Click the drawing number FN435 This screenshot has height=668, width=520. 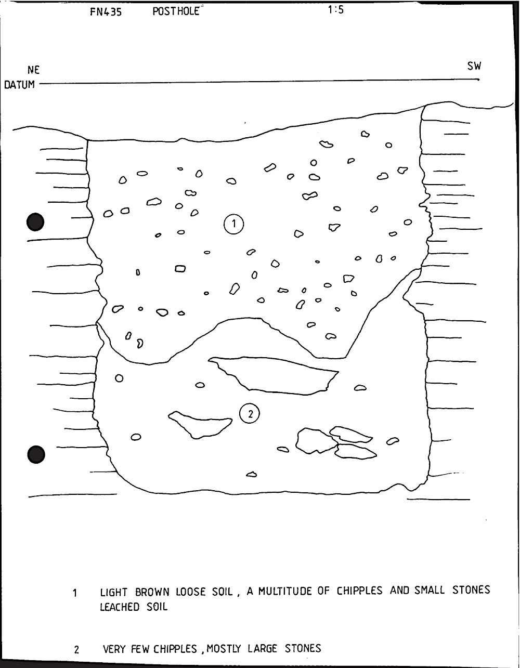(106, 12)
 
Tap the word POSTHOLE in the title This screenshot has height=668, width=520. (176, 11)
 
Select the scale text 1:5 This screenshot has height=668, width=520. (335, 10)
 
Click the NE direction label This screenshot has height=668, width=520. (33, 70)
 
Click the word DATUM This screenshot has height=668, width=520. (19, 85)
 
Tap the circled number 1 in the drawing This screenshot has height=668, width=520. (233, 224)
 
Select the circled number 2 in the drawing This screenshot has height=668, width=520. (250, 414)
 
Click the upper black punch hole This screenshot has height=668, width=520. (35, 221)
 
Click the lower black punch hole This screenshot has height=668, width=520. (36, 454)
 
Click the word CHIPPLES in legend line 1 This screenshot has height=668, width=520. (359, 591)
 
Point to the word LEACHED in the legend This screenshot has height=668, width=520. (120, 607)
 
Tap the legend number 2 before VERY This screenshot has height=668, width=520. (76, 650)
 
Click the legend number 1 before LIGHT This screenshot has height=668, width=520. (75, 593)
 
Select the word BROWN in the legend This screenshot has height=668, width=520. (152, 592)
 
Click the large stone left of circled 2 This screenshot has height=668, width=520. (200, 425)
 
